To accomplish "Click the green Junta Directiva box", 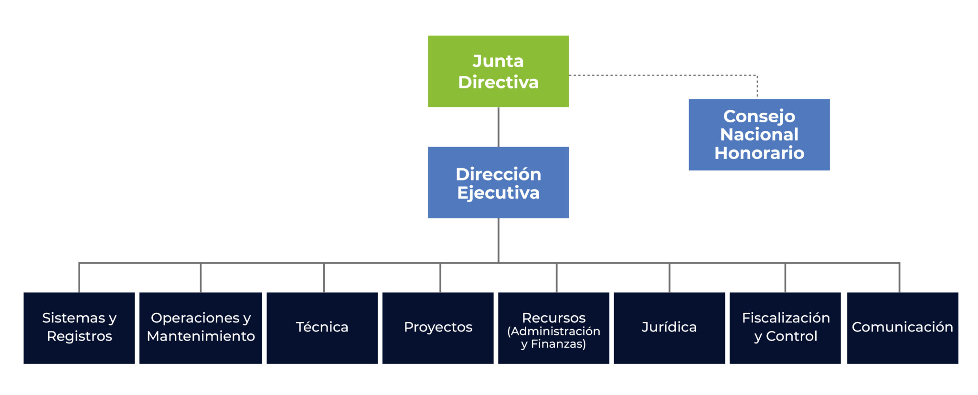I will click(498, 72).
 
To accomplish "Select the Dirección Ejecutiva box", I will click(498, 182).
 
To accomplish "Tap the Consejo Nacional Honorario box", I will click(759, 135).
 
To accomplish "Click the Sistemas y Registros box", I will click(79, 328).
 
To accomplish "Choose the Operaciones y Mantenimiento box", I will click(201, 328).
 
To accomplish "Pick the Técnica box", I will click(322, 328).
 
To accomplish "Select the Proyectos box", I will click(438, 328).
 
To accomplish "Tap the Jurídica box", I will click(669, 328).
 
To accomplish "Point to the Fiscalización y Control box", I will click(785, 328).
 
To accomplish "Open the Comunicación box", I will click(902, 328).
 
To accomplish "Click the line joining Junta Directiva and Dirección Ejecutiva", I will click(499, 127).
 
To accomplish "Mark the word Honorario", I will click(759, 153).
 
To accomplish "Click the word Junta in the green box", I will click(498, 61).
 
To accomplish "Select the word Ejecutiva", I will click(498, 193).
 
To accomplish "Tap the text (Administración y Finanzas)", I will click(553, 338).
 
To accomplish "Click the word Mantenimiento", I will click(201, 336).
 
